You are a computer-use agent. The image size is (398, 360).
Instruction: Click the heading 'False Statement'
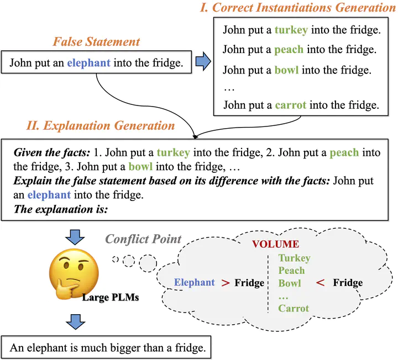coord(96,42)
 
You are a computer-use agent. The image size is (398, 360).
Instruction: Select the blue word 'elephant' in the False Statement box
coord(89,63)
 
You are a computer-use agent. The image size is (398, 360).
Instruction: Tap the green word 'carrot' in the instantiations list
coord(291,105)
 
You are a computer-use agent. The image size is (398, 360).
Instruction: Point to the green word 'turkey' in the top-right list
coord(291,30)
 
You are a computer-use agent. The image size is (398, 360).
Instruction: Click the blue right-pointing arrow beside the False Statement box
coord(203,61)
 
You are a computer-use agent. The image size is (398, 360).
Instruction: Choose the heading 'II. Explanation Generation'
coord(101,125)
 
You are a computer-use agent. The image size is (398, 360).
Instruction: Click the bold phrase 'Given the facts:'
coord(52,152)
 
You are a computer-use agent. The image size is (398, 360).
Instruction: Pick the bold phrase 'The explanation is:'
coord(61,209)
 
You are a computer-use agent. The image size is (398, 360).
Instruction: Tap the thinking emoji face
coord(74,273)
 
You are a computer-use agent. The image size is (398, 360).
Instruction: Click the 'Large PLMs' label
coord(111,297)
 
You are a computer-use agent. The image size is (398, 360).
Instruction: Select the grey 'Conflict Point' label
coord(143,239)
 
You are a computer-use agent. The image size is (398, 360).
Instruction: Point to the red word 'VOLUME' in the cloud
coord(276,244)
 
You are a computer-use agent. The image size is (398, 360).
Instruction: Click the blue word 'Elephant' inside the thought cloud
coord(195,282)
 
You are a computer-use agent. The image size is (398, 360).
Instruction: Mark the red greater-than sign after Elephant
coord(226,283)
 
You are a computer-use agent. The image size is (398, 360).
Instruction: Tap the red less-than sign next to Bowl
coord(320,282)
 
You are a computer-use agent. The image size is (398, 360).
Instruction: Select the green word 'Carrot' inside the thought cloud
coord(294,308)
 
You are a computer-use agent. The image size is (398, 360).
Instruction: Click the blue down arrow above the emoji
coord(75,237)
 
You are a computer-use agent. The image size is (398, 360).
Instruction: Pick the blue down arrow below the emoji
coord(76,322)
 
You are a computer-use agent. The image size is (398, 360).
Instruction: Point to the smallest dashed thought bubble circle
coord(116,259)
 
